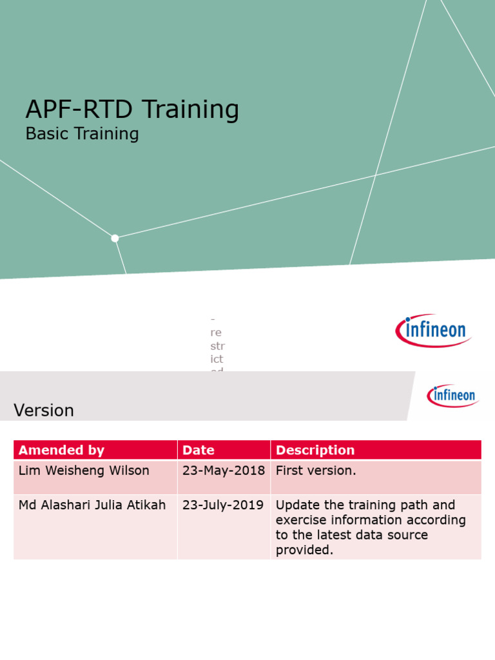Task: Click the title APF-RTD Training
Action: [x=132, y=110]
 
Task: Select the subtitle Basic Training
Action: [x=82, y=134]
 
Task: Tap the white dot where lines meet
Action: [x=115, y=238]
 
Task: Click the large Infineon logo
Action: [x=433, y=331]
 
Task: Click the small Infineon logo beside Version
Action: [x=453, y=395]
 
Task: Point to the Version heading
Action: [x=44, y=411]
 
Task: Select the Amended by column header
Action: [x=61, y=450]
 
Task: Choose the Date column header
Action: [x=199, y=450]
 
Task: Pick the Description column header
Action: [x=315, y=450]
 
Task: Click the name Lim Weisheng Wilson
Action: [x=84, y=471]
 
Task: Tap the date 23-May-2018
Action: [x=224, y=471]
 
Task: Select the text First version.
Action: [x=316, y=471]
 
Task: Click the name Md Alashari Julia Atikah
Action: [x=93, y=505]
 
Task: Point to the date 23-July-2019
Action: [x=223, y=505]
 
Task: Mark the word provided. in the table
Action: [x=304, y=550]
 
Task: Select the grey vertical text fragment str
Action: [x=217, y=345]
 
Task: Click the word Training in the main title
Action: [x=190, y=110]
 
